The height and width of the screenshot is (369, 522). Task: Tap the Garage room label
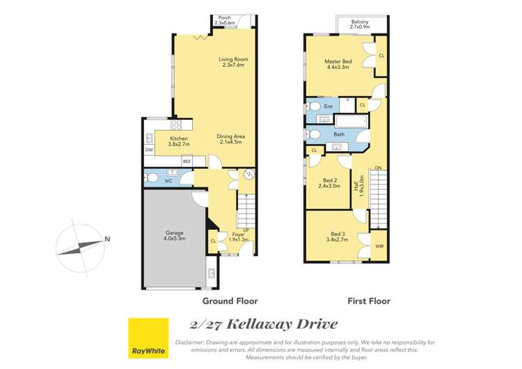pyautogui.click(x=175, y=235)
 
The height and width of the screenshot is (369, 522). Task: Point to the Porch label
pyautogui.click(x=224, y=20)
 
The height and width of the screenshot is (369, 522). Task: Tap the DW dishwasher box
pyautogui.click(x=149, y=150)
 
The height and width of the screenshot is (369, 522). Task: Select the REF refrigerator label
pyautogui.click(x=187, y=162)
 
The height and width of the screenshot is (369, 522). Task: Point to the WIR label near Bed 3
pyautogui.click(x=379, y=246)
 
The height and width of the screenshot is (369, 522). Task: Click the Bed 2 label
pyautogui.click(x=329, y=182)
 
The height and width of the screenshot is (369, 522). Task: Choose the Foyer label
pyautogui.click(x=238, y=237)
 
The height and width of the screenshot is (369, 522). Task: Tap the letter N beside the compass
pyautogui.click(x=106, y=240)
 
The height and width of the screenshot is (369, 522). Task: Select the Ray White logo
pyautogui.click(x=148, y=338)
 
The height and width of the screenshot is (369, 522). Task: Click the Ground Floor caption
pyautogui.click(x=230, y=301)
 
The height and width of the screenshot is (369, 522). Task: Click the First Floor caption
pyautogui.click(x=369, y=301)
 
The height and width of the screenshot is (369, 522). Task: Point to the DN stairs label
pyautogui.click(x=378, y=168)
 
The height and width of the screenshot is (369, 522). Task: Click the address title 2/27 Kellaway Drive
pyautogui.click(x=264, y=324)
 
